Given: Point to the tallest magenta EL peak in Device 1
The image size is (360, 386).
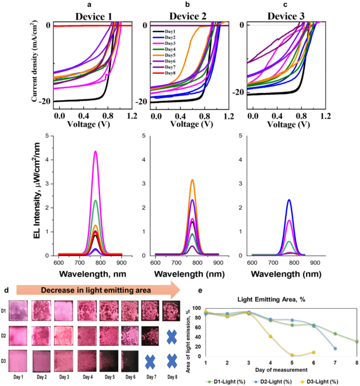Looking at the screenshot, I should pos(96,152).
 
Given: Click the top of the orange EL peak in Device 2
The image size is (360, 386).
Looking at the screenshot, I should pos(192,180).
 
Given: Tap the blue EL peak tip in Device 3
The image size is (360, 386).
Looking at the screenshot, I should pos(289,200).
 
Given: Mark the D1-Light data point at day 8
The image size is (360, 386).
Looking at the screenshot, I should pos(357,341).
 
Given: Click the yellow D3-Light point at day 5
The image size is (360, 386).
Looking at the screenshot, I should pos(291,354).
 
